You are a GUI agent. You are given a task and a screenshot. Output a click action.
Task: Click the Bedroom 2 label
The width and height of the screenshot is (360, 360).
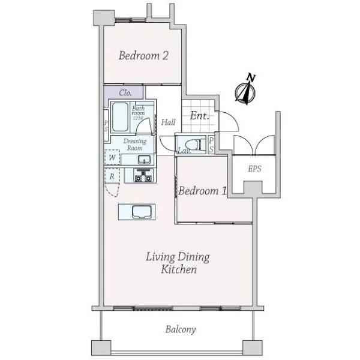coord(143,56)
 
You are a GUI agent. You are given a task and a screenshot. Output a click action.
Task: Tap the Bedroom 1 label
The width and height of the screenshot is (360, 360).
coord(203,191)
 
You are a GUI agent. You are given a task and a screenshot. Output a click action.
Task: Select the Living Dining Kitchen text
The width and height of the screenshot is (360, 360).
coord(178,263)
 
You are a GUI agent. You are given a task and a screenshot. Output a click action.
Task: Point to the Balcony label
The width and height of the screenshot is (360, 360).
coord(181,329)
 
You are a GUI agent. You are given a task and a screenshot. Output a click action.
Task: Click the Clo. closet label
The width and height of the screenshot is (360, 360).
coord(125,93)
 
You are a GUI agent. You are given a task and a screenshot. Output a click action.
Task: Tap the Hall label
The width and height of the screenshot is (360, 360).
coord(168,122)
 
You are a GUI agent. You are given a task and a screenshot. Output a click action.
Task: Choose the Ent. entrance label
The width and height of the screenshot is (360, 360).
coord(200,116)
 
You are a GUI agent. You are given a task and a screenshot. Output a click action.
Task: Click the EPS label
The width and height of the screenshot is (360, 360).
coord(254,169)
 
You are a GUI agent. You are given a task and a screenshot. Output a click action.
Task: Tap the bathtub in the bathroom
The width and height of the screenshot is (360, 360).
coord(120,118)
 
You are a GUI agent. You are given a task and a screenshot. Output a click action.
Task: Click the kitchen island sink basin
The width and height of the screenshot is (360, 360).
coord(142,212)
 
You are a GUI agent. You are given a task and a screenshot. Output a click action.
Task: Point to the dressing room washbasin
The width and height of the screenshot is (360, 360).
coord(144,160)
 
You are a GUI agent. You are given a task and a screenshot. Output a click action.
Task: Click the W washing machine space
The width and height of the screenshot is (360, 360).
coord(112,157)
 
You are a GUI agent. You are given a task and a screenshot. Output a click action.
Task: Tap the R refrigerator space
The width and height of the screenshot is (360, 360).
coord(112,176)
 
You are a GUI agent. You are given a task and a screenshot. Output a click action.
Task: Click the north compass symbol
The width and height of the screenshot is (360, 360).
coord(245,90)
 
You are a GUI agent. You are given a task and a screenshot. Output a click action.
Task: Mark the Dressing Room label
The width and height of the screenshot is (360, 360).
coord(135,145)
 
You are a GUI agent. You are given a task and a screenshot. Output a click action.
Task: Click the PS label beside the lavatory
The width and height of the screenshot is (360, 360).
coord(211,145)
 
